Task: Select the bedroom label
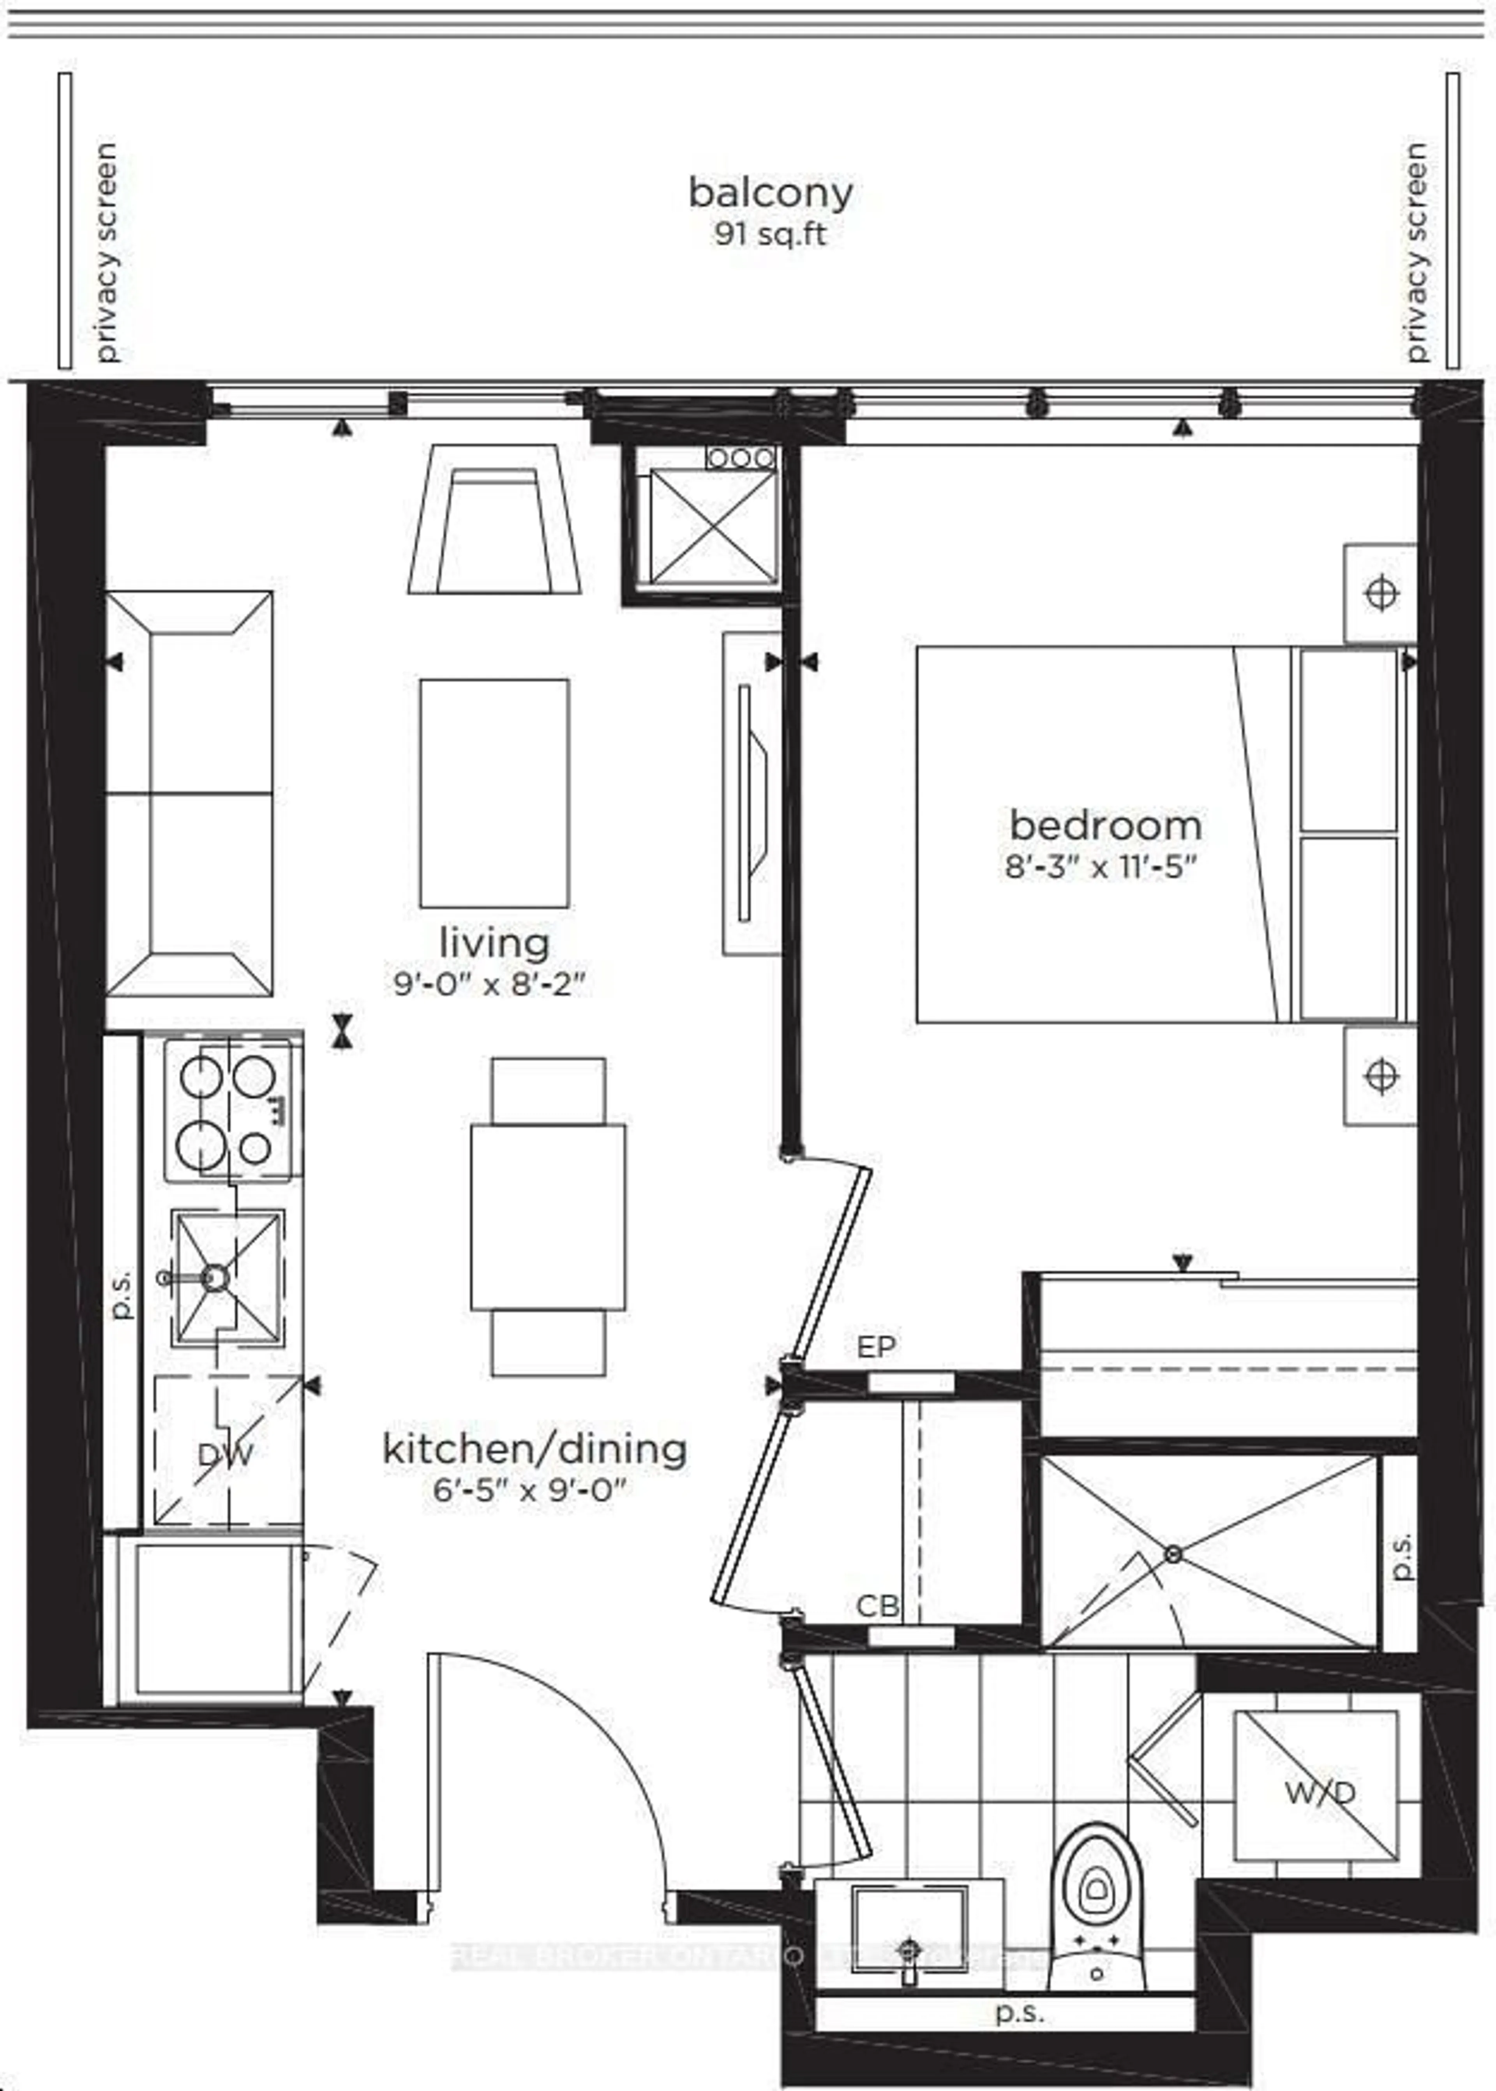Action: tap(1105, 825)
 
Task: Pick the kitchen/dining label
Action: tap(534, 1449)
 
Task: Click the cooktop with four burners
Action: tap(232, 1110)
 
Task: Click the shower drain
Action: tap(1173, 1554)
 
